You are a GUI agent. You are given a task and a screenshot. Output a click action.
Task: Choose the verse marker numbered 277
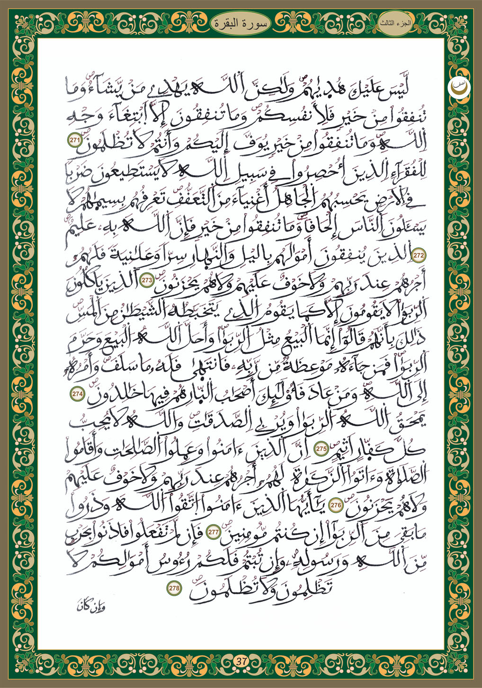click(213, 532)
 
